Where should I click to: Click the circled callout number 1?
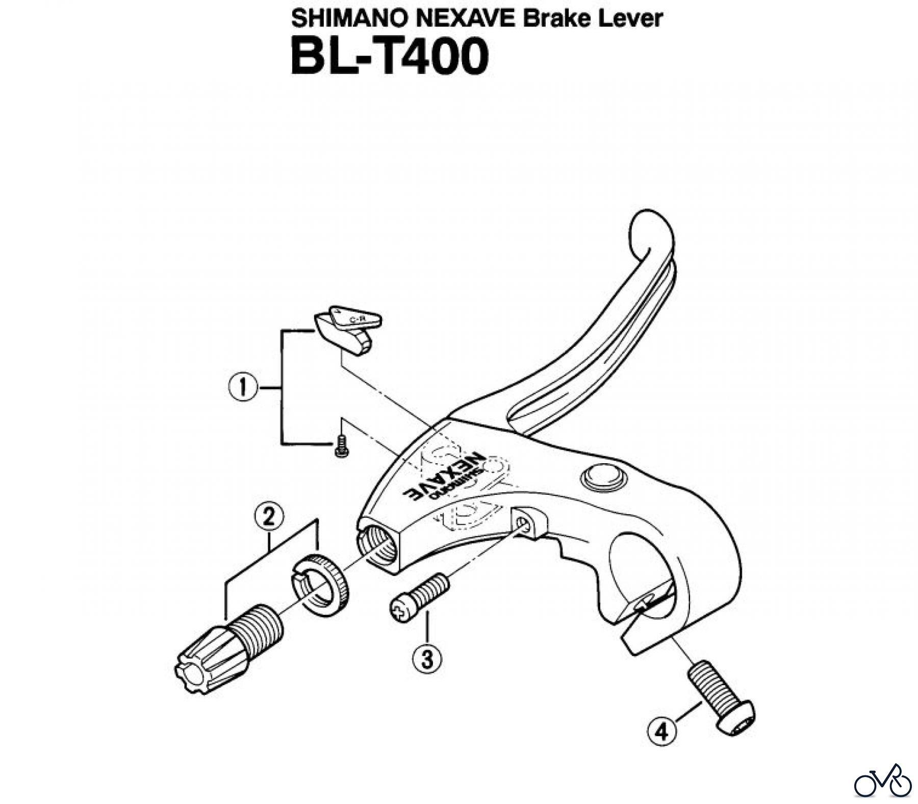point(242,388)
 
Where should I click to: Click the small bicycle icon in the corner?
point(882,782)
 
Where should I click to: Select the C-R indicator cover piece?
point(349,329)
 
